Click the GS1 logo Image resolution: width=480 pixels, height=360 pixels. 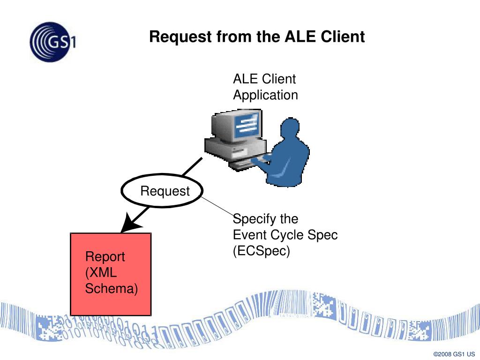tap(52, 42)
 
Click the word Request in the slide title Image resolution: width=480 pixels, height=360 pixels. tap(180, 37)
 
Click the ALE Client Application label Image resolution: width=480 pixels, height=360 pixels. tap(265, 87)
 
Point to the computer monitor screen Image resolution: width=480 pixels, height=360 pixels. tap(248, 126)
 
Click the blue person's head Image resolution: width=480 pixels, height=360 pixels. tap(290, 127)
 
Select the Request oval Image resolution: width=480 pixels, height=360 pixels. tap(162, 191)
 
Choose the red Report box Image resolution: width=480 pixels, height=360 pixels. tap(111, 274)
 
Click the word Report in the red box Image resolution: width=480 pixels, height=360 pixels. tap(105, 257)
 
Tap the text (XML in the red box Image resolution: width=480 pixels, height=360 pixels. tap(101, 272)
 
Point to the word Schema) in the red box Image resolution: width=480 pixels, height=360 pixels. tap(112, 288)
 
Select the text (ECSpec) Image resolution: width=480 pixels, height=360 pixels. tap(261, 251)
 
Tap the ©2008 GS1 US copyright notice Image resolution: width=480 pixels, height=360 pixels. tap(454, 354)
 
